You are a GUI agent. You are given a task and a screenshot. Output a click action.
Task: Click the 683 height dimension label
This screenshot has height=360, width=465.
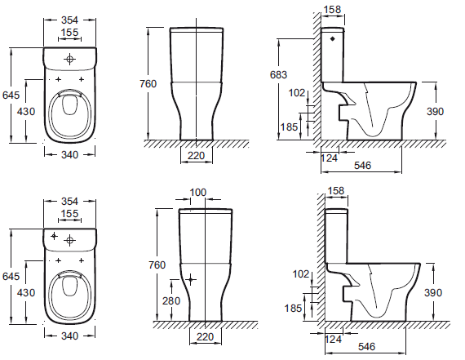point(278,74)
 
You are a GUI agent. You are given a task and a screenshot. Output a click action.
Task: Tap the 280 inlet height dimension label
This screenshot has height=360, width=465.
point(171,300)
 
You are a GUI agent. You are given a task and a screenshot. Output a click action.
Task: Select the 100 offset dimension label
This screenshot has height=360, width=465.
point(197,193)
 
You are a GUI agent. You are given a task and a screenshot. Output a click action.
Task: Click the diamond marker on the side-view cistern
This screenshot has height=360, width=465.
point(333,38)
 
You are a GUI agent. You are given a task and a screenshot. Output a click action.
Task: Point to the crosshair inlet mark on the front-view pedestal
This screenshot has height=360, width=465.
point(190,279)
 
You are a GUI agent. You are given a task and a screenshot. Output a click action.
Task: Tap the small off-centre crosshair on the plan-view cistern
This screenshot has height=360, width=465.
point(54,236)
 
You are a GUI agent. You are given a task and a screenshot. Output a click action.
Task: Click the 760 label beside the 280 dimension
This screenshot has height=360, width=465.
point(157,264)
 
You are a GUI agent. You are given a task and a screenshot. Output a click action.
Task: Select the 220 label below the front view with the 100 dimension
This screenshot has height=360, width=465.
point(206,336)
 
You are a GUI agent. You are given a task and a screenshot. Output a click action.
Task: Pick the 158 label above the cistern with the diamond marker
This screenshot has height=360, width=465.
point(332,10)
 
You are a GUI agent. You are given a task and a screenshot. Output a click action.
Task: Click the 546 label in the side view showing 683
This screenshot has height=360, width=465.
point(362,166)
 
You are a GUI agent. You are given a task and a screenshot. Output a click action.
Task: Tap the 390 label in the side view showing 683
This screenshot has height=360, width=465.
point(435,112)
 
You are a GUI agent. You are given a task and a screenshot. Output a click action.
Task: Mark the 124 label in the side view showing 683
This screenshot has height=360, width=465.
point(329,158)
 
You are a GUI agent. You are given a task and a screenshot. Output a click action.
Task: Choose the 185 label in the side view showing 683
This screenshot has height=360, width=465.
point(289,127)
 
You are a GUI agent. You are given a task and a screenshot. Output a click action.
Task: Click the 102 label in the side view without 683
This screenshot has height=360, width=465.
point(301,274)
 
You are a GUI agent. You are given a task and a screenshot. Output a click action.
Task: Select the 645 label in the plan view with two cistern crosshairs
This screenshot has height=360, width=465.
point(11,276)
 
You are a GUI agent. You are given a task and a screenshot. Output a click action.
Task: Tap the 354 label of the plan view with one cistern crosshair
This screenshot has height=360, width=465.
point(69,20)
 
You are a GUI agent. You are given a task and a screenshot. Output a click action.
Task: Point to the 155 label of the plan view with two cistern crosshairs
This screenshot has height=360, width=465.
point(69,213)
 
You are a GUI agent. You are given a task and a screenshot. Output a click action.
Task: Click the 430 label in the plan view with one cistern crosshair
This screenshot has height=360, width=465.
point(26,112)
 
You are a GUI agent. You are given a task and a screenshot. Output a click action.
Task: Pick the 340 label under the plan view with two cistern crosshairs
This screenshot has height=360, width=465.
point(69,336)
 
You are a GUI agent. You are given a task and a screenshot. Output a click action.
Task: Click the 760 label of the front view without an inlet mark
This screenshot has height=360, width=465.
point(148,84)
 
